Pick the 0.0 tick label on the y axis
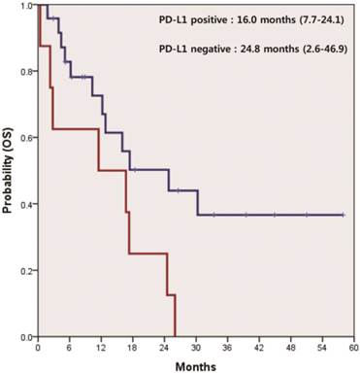point(26,337)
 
